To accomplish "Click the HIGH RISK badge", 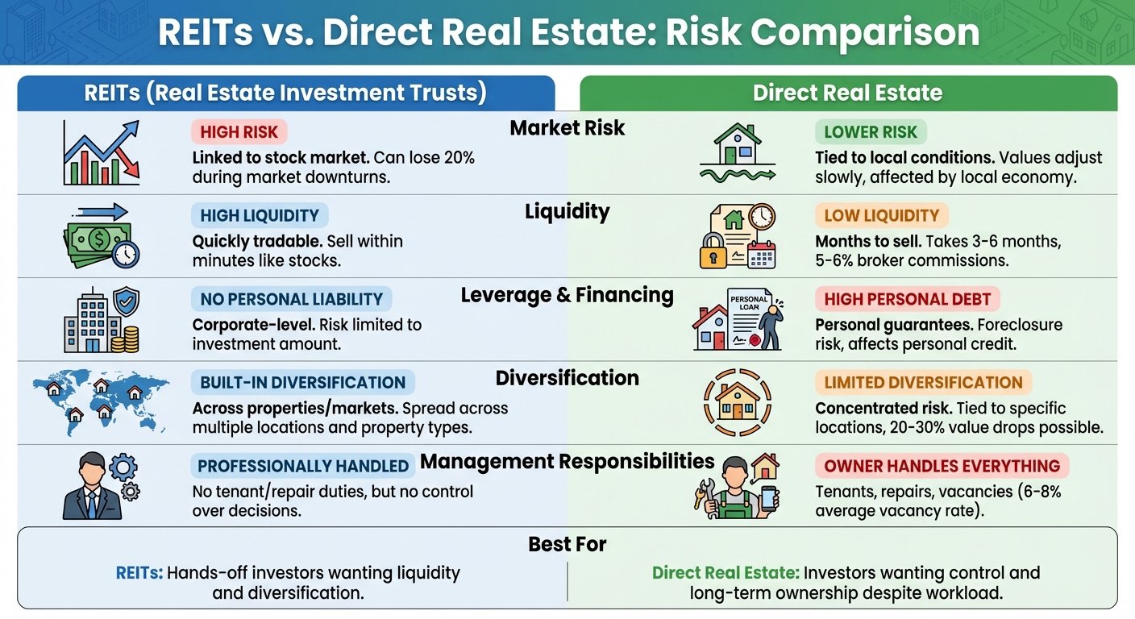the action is [239, 131].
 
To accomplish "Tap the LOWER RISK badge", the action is [871, 131].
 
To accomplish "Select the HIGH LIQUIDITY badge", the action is [260, 215].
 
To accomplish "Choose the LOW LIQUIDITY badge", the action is [882, 215].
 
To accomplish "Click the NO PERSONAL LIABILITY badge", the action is [291, 299].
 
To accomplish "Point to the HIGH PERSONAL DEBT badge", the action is [908, 299].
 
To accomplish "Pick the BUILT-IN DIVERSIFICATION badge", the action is [303, 382].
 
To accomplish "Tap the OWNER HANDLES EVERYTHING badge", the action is [942, 466].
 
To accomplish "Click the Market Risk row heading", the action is [567, 127].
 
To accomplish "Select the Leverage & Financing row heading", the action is [567, 295].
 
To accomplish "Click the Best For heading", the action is [567, 544].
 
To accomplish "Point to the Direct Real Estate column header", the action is [848, 93].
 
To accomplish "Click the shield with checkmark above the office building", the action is [127, 301].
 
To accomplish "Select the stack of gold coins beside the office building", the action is [125, 339].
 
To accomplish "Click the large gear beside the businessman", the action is [123, 467].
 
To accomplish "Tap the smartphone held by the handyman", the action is [769, 499].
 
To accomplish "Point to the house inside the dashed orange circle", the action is [738, 401].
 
